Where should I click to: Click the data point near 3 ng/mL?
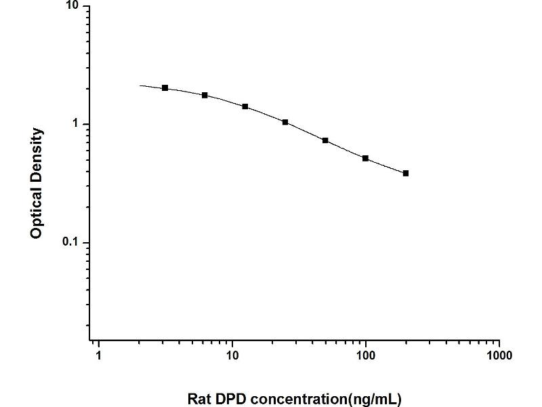(165, 88)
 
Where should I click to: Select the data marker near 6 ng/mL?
(205, 95)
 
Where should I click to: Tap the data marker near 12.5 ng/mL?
(245, 106)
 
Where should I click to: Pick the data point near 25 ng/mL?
(285, 122)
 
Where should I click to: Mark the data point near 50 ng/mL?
(325, 140)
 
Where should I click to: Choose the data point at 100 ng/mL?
(365, 158)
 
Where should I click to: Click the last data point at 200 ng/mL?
(405, 173)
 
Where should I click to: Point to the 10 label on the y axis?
(72, 6)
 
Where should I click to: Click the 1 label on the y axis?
(76, 124)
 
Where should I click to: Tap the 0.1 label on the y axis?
(70, 243)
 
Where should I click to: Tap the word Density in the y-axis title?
(37, 153)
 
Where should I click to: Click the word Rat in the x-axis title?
(199, 398)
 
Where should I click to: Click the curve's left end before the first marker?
(142, 85)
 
